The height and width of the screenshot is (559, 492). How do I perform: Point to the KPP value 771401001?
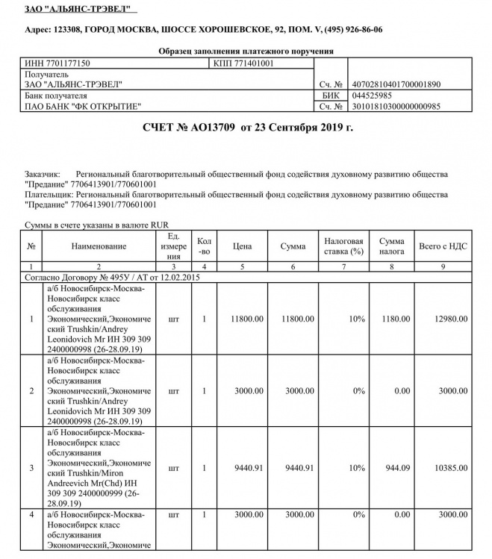click(253, 63)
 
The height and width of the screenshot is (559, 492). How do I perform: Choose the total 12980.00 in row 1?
click(452, 319)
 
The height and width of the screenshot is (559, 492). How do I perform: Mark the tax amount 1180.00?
click(391, 319)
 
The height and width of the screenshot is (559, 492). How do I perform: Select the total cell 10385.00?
click(452, 469)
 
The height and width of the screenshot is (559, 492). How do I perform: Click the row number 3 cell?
click(31, 469)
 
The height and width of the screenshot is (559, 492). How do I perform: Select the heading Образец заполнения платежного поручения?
click(246, 51)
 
